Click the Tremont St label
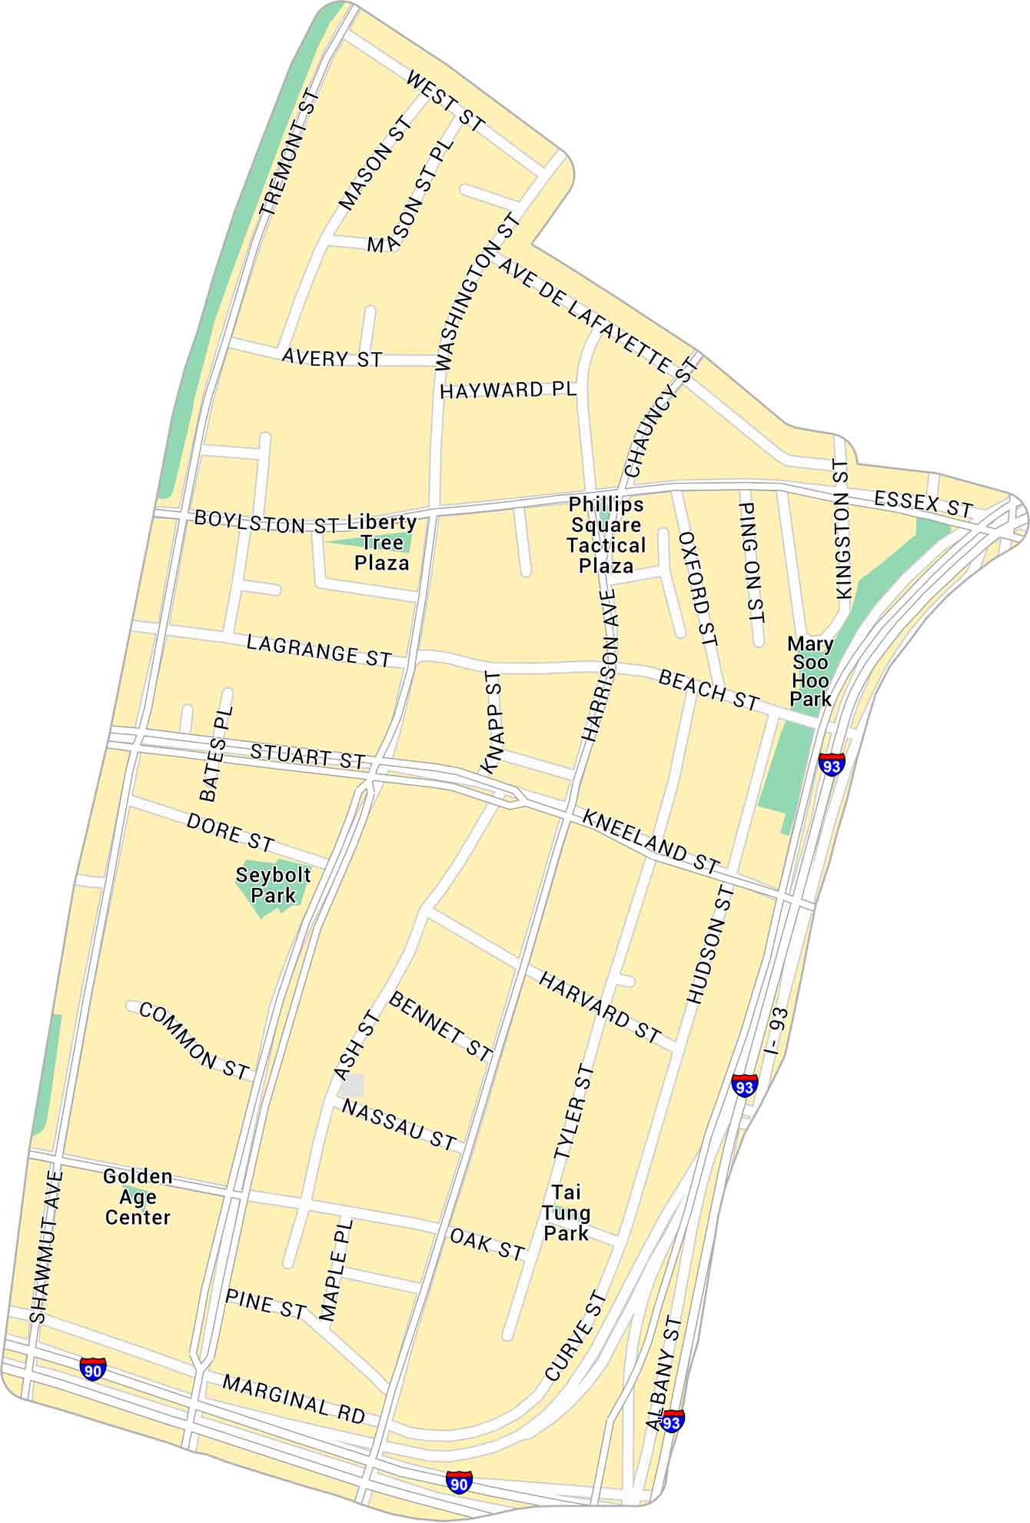(289, 152)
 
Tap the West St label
(445, 101)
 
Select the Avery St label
(332, 358)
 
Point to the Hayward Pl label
(508, 390)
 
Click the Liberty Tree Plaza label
(382, 543)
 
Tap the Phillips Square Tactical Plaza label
(606, 536)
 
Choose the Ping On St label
(752, 562)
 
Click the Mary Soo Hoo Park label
(810, 671)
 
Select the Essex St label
(923, 504)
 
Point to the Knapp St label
(492, 721)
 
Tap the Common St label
(194, 1041)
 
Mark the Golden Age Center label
(138, 1197)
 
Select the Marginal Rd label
(294, 1399)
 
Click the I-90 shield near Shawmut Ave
(93, 1368)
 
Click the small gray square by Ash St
(352, 1086)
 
